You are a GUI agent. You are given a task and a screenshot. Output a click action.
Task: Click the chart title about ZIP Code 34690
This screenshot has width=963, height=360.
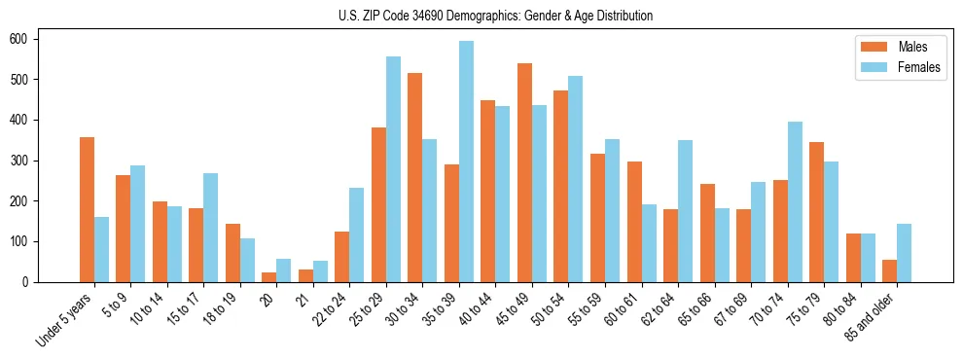pyautogui.click(x=481, y=17)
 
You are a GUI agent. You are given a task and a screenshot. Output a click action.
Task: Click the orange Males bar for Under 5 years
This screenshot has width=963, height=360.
pyautogui.click(x=88, y=209)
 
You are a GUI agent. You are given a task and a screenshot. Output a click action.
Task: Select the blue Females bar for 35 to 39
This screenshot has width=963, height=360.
pyautogui.click(x=467, y=162)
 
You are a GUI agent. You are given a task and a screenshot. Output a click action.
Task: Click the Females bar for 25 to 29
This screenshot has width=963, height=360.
pyautogui.click(x=394, y=169)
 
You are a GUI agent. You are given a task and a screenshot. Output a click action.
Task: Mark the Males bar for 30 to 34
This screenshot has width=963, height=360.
pyautogui.click(x=415, y=177)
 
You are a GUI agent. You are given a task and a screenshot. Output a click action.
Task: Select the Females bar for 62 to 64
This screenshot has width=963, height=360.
pyautogui.click(x=686, y=211)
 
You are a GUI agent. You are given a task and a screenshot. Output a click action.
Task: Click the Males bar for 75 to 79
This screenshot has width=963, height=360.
pyautogui.click(x=817, y=212)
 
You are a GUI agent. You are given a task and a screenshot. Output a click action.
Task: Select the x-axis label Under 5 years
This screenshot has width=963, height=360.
pyautogui.click(x=66, y=319)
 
